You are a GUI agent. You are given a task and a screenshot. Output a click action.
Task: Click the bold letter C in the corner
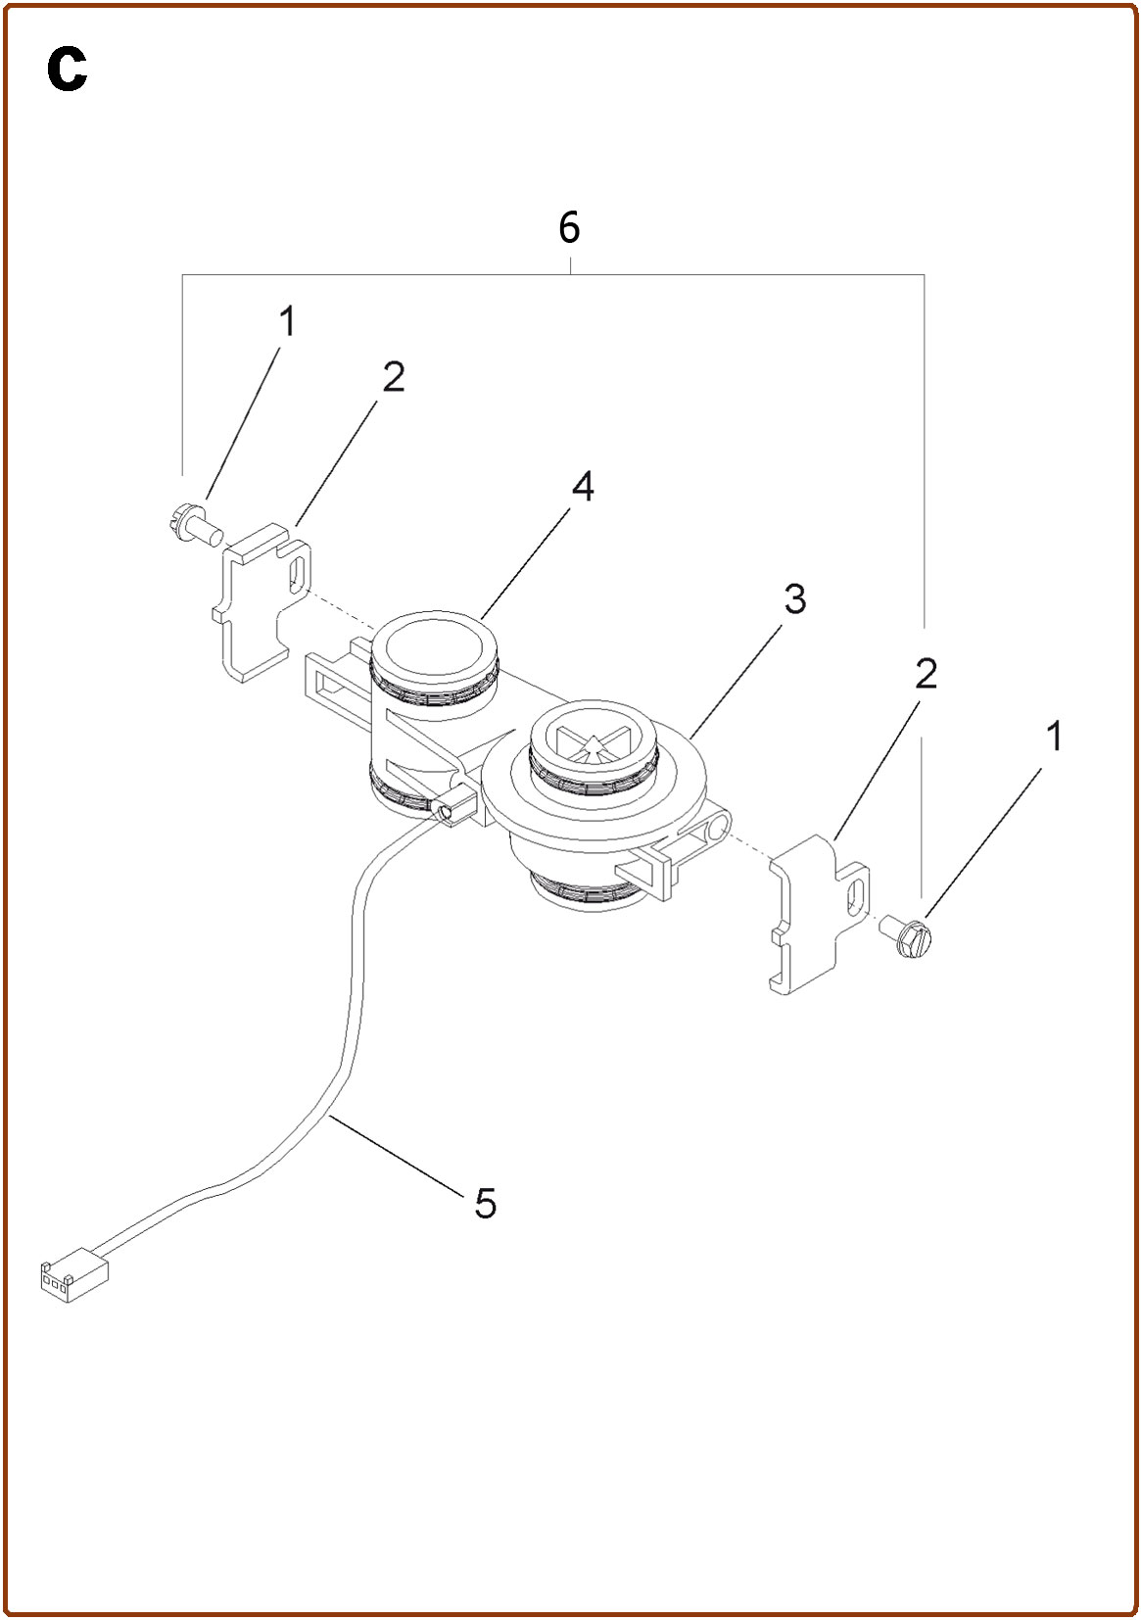68,71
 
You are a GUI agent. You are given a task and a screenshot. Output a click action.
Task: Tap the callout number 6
569,228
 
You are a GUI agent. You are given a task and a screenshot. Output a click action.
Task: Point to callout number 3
795,598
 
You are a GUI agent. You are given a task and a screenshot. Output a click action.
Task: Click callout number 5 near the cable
485,1204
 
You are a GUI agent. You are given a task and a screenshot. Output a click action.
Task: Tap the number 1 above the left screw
288,321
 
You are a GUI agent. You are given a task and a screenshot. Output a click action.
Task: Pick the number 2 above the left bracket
394,377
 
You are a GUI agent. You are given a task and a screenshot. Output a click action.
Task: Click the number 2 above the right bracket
927,673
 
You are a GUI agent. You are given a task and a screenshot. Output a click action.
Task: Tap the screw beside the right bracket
908,937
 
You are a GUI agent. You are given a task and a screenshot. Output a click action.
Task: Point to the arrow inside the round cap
593,748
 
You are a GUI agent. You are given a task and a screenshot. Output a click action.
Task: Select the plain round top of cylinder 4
434,648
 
